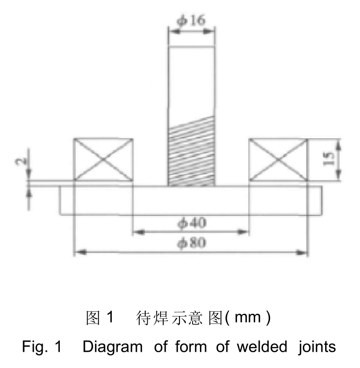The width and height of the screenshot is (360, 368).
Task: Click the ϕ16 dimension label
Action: pos(191,20)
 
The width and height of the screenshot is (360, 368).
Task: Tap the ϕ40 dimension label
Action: pos(192,223)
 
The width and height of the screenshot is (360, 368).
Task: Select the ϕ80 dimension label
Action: pos(192,242)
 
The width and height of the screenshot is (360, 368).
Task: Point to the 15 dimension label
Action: pos(328,159)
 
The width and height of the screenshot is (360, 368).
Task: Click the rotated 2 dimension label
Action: pos(21,161)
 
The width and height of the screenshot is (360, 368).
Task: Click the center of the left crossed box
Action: pos(103,160)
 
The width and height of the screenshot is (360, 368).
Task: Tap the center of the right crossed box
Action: pos(278,160)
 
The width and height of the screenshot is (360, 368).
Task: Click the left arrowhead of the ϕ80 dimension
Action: pos(80,252)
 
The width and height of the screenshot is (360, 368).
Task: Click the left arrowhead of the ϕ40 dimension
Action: pos(139,232)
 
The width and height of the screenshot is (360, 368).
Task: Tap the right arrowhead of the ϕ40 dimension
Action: pos(243,232)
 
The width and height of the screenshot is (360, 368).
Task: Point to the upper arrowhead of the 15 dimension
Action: pos(338,145)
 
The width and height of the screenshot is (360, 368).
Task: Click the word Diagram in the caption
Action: pos(113,347)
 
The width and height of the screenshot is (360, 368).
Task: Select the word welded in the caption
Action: pos(262,347)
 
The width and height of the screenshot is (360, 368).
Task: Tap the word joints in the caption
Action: pos(317,347)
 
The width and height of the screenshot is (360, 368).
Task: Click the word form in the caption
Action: pos(191,347)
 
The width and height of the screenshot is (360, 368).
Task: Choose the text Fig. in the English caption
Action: pos(35,347)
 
